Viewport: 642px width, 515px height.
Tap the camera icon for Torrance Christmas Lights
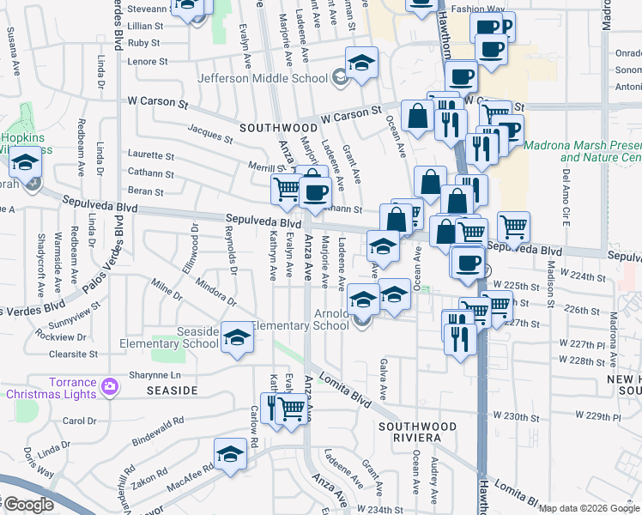tap(110, 386)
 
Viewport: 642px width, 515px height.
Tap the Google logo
tap(27, 505)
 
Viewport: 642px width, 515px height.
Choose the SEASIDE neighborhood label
tap(174, 391)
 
